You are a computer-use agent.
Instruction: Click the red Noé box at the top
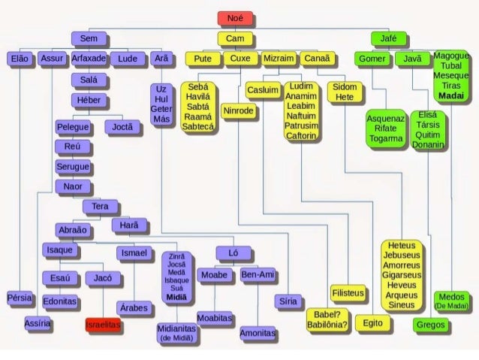tap(235, 18)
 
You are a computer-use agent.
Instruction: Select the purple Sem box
tap(89, 38)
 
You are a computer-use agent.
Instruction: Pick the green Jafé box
tap(389, 38)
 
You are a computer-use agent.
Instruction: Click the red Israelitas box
tap(103, 327)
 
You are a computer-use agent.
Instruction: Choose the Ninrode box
tap(239, 111)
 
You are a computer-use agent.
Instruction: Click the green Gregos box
tap(430, 325)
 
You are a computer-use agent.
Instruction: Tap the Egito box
tap(373, 323)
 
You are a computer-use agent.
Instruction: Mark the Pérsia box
tap(20, 298)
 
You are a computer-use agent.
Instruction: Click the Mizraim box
tap(279, 58)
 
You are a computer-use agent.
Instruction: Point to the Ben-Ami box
tap(258, 275)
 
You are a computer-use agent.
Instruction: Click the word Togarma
tap(386, 139)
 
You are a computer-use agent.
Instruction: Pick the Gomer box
tap(372, 59)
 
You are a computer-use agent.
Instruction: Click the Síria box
tap(286, 301)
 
